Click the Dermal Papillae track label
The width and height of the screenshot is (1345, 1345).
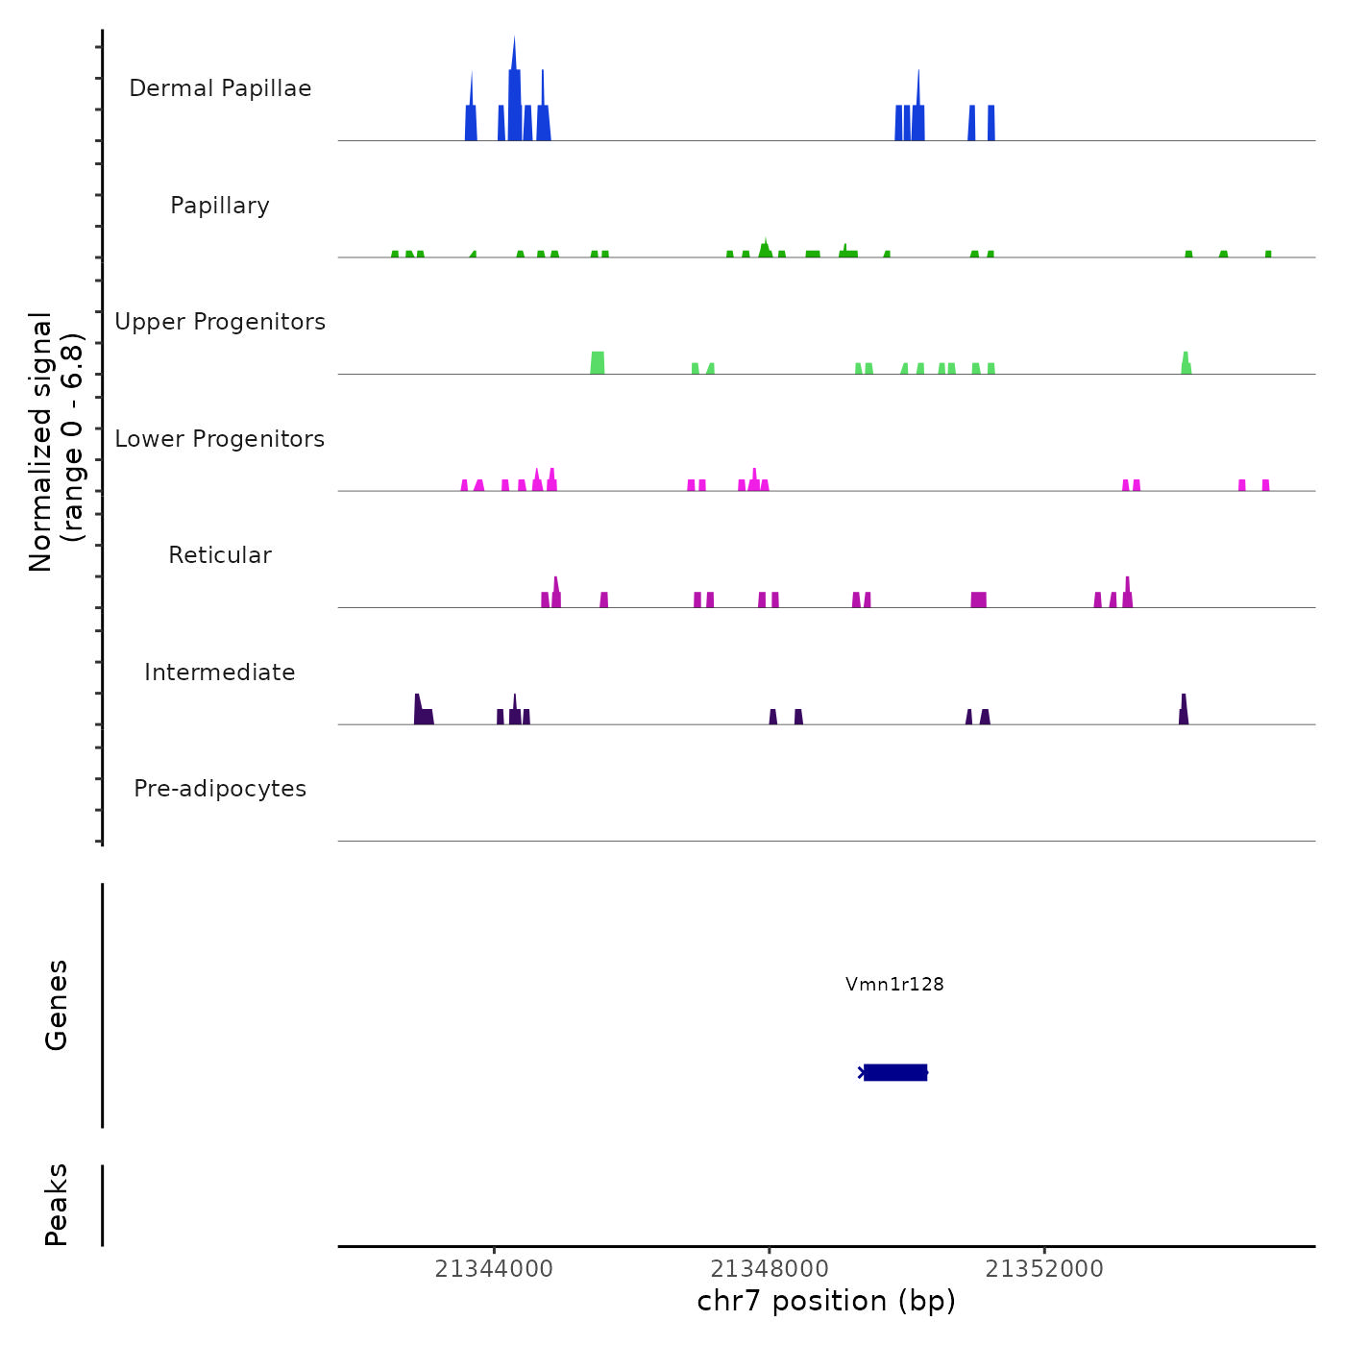(220, 88)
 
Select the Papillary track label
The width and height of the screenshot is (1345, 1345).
(220, 206)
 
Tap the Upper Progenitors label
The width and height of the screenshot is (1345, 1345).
(220, 322)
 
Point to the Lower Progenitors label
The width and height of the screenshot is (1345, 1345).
(220, 439)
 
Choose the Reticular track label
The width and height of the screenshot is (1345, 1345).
(220, 555)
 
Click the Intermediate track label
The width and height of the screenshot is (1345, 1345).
(220, 672)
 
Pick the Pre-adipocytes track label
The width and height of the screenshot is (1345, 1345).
(220, 789)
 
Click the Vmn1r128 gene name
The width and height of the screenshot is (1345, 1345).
(894, 984)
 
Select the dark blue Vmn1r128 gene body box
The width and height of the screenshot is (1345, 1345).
(895, 1072)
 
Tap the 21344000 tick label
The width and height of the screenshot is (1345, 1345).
(494, 1269)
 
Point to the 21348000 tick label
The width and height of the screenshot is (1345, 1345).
(770, 1269)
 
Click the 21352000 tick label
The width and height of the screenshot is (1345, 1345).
(1044, 1269)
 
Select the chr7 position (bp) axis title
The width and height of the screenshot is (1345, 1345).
(826, 1301)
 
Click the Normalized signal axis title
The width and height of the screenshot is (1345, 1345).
(56, 442)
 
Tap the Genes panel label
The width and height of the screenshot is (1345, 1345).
(57, 1005)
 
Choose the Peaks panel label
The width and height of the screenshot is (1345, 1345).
(57, 1205)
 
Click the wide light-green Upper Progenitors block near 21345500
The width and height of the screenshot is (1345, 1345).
(598, 363)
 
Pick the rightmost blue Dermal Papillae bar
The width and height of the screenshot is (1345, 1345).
(991, 123)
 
